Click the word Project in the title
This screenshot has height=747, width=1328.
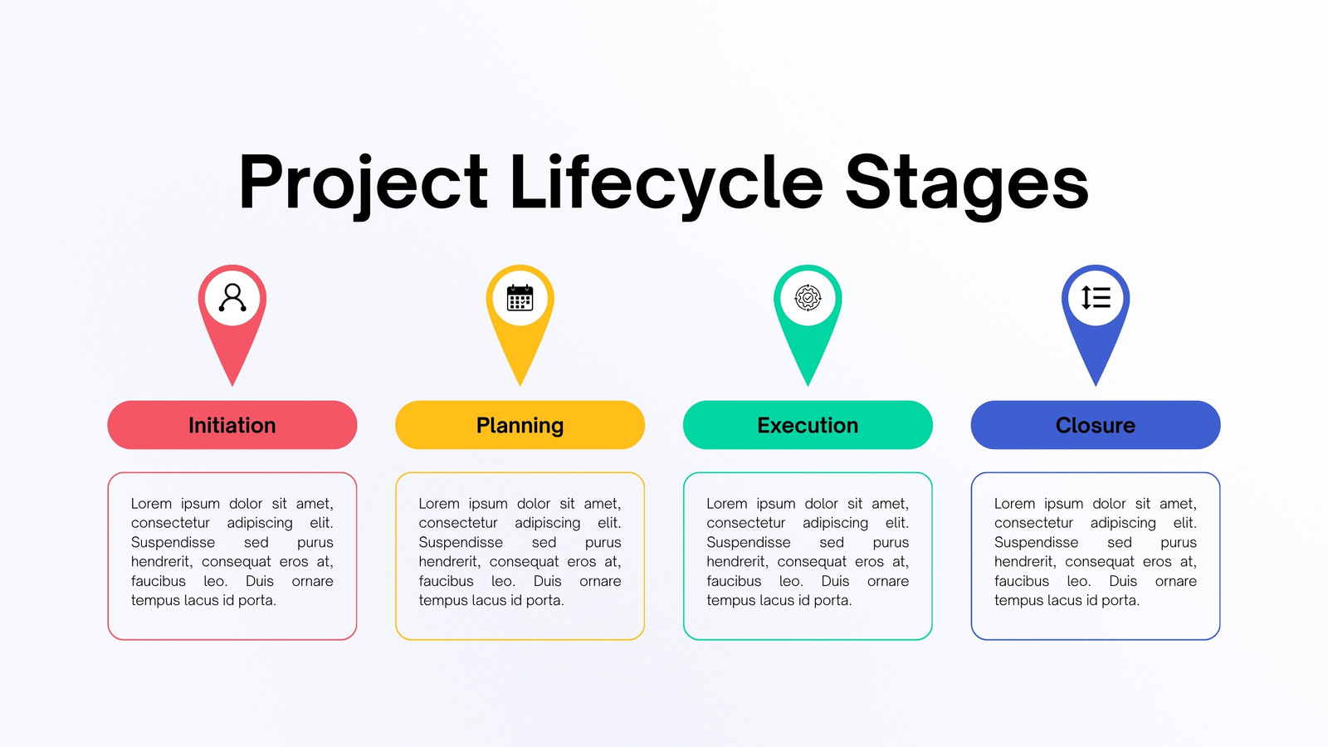click(x=363, y=183)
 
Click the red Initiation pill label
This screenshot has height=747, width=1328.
click(x=232, y=425)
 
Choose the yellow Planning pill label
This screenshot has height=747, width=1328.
click(x=520, y=425)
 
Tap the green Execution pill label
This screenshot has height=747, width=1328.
click(x=808, y=425)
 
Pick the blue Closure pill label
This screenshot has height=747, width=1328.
click(x=1096, y=425)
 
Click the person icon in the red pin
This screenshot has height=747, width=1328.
click(x=232, y=298)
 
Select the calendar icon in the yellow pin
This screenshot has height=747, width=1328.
click(x=520, y=298)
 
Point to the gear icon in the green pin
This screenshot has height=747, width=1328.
click(x=808, y=298)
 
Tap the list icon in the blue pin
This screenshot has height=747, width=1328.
click(x=1096, y=298)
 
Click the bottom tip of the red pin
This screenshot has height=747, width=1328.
click(x=232, y=386)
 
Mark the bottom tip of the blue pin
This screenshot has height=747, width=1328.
click(x=1096, y=386)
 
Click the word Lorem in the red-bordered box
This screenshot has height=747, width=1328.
click(x=151, y=504)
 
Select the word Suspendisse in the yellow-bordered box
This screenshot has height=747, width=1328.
click(x=461, y=543)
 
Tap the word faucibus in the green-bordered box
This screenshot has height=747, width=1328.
click(x=734, y=582)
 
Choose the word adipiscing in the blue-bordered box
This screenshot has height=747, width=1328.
click(x=1123, y=524)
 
